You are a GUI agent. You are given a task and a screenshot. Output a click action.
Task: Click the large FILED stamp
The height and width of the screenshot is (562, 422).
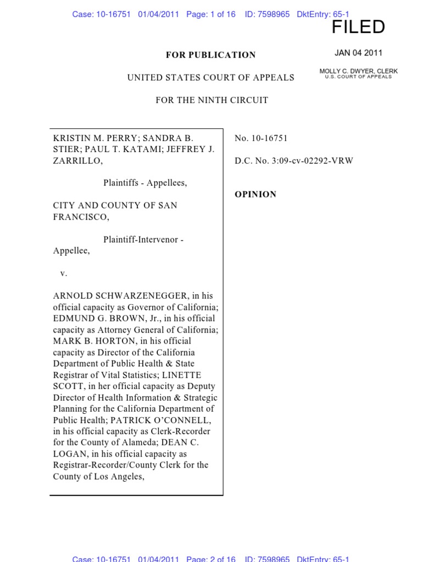tap(358, 27)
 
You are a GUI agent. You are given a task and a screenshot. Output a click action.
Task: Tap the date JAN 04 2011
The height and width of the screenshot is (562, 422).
tap(358, 53)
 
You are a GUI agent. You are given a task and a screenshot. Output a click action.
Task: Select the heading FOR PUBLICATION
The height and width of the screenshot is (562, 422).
tap(211, 55)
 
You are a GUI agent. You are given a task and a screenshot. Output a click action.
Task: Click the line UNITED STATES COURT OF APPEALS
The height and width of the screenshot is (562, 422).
tap(211, 78)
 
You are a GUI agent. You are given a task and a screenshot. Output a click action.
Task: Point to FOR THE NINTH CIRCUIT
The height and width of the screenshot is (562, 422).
tap(212, 100)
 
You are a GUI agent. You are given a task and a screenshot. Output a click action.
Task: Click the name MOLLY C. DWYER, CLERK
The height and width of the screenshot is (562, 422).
tap(358, 71)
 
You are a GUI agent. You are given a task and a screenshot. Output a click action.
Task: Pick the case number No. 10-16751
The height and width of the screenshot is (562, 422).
tap(261, 138)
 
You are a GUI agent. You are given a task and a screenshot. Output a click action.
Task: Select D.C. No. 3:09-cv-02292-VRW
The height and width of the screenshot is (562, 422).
tap(293, 161)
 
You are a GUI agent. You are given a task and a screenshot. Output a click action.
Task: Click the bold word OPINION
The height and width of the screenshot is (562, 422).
tap(256, 194)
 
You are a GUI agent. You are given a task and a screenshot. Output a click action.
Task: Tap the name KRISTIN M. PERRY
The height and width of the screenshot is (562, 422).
tap(94, 138)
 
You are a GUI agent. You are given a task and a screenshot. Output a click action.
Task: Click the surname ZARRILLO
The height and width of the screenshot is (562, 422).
tap(76, 161)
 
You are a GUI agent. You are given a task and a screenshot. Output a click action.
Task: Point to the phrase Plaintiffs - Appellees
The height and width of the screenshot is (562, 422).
tap(145, 183)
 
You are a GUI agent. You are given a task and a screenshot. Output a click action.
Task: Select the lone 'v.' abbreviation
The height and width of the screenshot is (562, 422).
tap(64, 273)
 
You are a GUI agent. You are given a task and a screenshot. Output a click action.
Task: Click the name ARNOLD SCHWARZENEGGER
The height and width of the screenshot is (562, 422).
tap(120, 296)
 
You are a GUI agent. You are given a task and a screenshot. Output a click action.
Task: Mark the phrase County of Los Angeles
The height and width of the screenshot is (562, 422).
tap(98, 476)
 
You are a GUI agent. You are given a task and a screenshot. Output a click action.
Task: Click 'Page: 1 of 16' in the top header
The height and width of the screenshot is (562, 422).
tap(211, 14)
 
